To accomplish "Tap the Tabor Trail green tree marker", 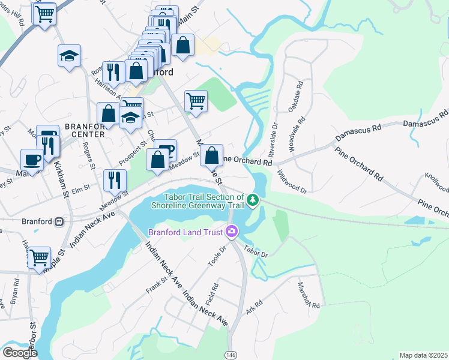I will point(253,199).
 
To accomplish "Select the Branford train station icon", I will point(59,221).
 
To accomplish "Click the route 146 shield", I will point(231,355).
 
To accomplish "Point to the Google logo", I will point(19,352).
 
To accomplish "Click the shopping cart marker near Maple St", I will point(40,258).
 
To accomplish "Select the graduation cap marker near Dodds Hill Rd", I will point(70,56).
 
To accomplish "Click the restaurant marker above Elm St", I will point(114,179).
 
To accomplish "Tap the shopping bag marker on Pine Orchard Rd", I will point(212,156).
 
